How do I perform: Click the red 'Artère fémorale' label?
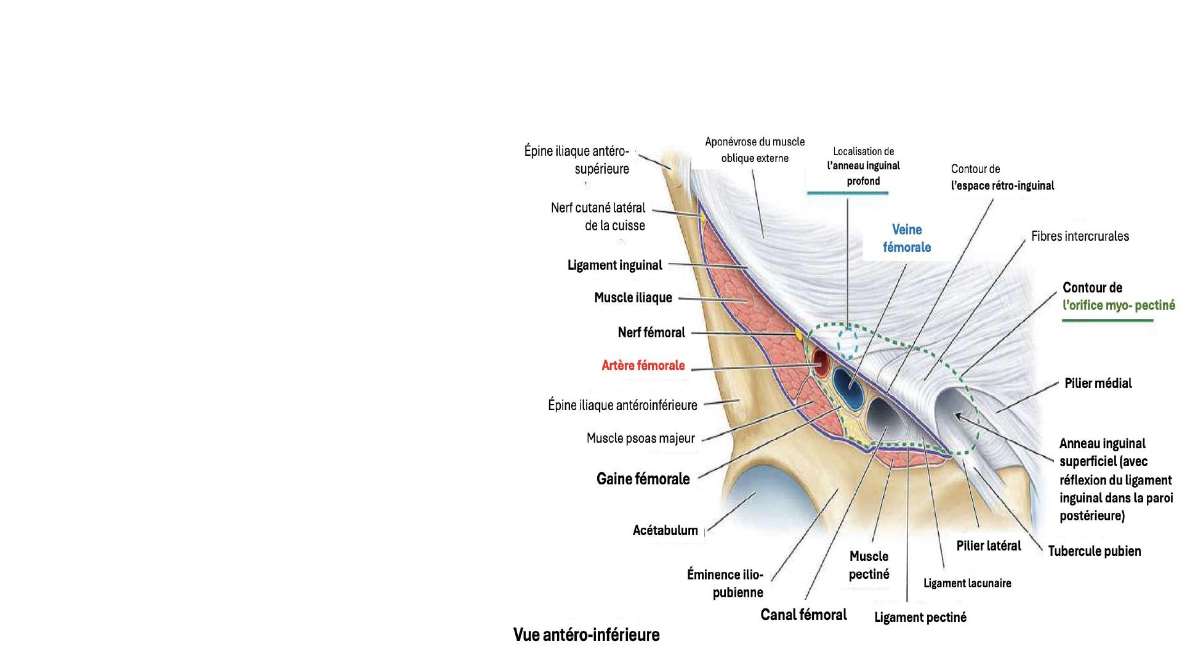click(x=643, y=366)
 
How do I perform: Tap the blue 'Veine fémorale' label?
click(x=907, y=238)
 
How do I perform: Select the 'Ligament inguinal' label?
click(x=614, y=265)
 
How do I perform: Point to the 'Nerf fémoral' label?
click(x=651, y=332)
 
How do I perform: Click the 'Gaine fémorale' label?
click(x=643, y=479)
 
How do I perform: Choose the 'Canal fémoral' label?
click(x=803, y=615)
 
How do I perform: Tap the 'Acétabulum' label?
click(x=665, y=531)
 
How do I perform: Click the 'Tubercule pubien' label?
click(x=1094, y=551)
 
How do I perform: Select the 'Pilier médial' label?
click(x=1098, y=384)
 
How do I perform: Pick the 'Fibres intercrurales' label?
click(x=1080, y=236)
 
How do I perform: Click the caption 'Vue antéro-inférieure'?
click(x=586, y=635)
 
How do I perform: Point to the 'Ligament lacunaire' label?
click(x=967, y=583)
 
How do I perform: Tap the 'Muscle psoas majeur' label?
click(x=640, y=438)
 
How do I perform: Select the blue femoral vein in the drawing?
click(x=848, y=387)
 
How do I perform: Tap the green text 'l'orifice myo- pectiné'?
click(x=1118, y=305)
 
